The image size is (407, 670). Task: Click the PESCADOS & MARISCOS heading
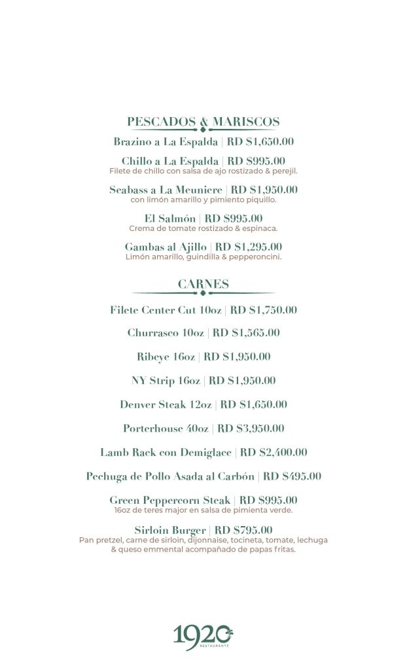203,122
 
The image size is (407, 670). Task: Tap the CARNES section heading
203,284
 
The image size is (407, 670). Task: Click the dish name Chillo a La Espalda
169,161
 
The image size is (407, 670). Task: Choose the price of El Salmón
234,219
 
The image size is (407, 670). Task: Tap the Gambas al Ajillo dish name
166,247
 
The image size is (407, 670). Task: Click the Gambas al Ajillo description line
203,257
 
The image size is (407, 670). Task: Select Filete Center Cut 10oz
167,310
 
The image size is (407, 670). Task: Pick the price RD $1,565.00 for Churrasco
246,333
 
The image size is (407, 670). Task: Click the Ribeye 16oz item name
166,357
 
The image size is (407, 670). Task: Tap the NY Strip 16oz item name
166,381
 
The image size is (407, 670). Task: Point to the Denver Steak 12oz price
254,404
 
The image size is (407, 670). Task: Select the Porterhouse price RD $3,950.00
251,429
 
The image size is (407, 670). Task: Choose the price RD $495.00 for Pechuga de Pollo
292,476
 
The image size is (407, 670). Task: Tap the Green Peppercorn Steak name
169,501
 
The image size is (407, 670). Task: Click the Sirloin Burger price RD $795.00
243,530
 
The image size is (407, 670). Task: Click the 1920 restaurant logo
203,637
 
